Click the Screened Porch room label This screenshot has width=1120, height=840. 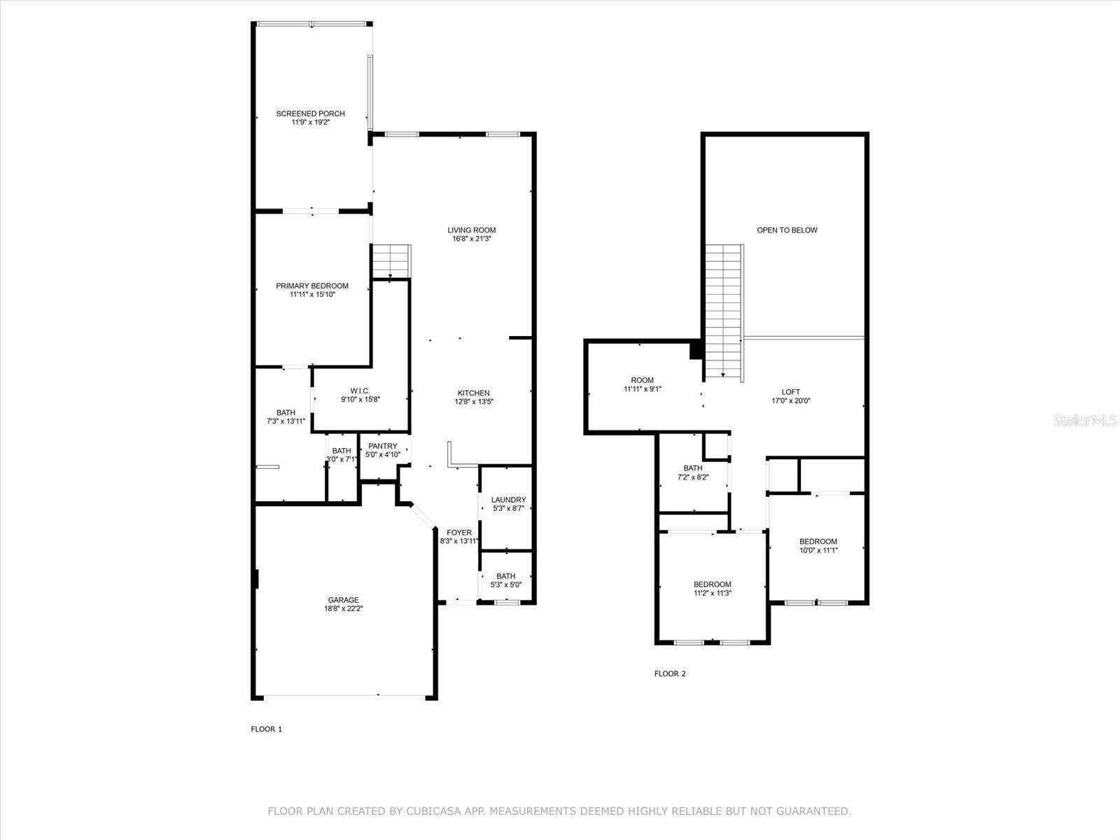click(x=310, y=113)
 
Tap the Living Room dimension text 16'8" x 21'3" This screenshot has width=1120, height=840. click(x=472, y=239)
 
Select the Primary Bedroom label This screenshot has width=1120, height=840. click(x=312, y=286)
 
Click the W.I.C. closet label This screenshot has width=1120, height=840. click(x=360, y=391)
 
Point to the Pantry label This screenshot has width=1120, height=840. click(x=383, y=447)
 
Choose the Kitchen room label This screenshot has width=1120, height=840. click(x=473, y=393)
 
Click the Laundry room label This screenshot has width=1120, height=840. click(x=509, y=500)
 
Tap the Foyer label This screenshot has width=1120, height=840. click(x=459, y=533)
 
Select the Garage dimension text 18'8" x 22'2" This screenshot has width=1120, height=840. click(x=344, y=608)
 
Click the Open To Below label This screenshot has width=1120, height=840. click(x=787, y=230)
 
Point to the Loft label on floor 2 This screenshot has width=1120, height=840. click(x=791, y=392)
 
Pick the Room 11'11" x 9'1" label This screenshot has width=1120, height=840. click(x=643, y=384)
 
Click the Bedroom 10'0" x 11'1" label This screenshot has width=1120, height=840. click(x=818, y=546)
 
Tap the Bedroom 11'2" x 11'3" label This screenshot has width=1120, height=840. click(x=713, y=589)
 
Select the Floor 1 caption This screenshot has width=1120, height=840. click(x=267, y=729)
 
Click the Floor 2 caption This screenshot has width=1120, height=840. click(x=670, y=673)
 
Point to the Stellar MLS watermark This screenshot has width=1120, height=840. click(x=1085, y=420)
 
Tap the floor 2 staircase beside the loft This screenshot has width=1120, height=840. click(x=724, y=312)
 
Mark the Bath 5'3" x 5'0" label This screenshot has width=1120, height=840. click(x=506, y=580)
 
